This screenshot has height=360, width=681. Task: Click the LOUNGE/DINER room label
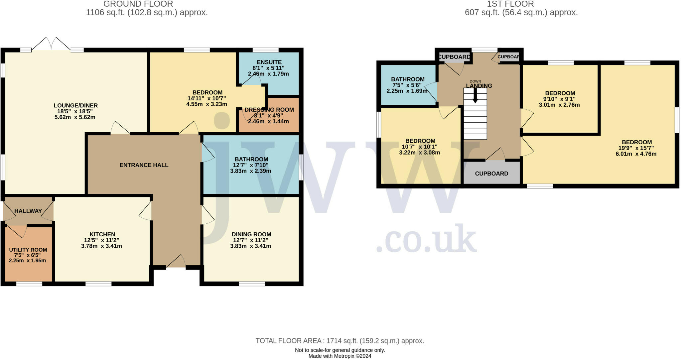pyautogui.click(x=75, y=106)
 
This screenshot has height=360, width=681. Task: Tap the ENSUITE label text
pyautogui.click(x=269, y=62)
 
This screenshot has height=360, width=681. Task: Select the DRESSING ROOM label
pyautogui.click(x=269, y=110)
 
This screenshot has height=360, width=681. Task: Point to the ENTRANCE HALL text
pyautogui.click(x=144, y=165)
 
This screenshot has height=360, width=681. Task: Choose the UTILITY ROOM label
pyautogui.click(x=28, y=250)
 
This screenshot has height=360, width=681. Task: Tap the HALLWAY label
pyautogui.click(x=28, y=211)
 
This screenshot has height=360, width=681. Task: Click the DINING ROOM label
pyautogui.click(x=251, y=234)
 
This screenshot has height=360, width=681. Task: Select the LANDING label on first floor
pyautogui.click(x=479, y=86)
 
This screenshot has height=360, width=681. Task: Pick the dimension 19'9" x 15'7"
pyautogui.click(x=636, y=148)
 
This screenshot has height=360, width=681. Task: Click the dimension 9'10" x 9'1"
pyautogui.click(x=560, y=99)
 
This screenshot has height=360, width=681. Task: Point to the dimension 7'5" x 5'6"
pyautogui.click(x=407, y=85)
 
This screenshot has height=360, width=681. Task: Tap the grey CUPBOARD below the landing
pyautogui.click(x=491, y=174)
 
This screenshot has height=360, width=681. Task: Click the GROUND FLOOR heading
pyautogui.click(x=138, y=4)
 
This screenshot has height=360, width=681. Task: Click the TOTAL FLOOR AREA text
pyautogui.click(x=340, y=341)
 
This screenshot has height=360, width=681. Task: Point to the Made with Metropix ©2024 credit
pyautogui.click(x=340, y=356)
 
